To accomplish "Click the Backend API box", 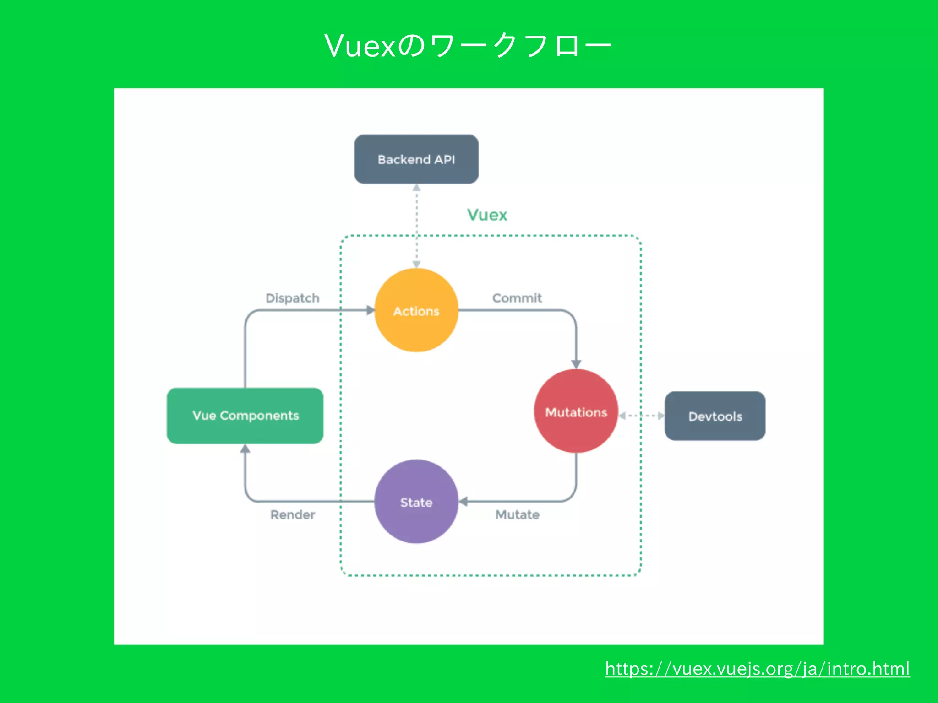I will click(x=416, y=159).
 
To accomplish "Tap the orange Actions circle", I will click(x=416, y=311).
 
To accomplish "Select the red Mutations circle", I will click(x=576, y=411).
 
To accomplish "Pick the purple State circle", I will click(x=416, y=502).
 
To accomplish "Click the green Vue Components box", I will click(x=245, y=416).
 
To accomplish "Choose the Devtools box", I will click(x=715, y=416).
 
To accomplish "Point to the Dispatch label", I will click(x=292, y=298).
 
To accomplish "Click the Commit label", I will click(x=517, y=298).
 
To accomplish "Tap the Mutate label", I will click(x=517, y=514).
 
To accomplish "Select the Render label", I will click(x=292, y=514).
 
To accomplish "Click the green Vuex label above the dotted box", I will click(x=487, y=215).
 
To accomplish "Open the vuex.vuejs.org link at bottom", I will click(x=757, y=669).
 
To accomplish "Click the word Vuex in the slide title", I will click(x=360, y=46).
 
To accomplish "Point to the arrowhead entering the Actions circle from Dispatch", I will click(x=371, y=310).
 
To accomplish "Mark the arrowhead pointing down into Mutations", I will click(x=576, y=364).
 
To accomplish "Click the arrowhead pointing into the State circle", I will click(x=463, y=502).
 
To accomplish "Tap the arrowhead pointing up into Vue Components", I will click(x=245, y=449).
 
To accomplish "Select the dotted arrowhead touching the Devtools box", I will click(x=660, y=416).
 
